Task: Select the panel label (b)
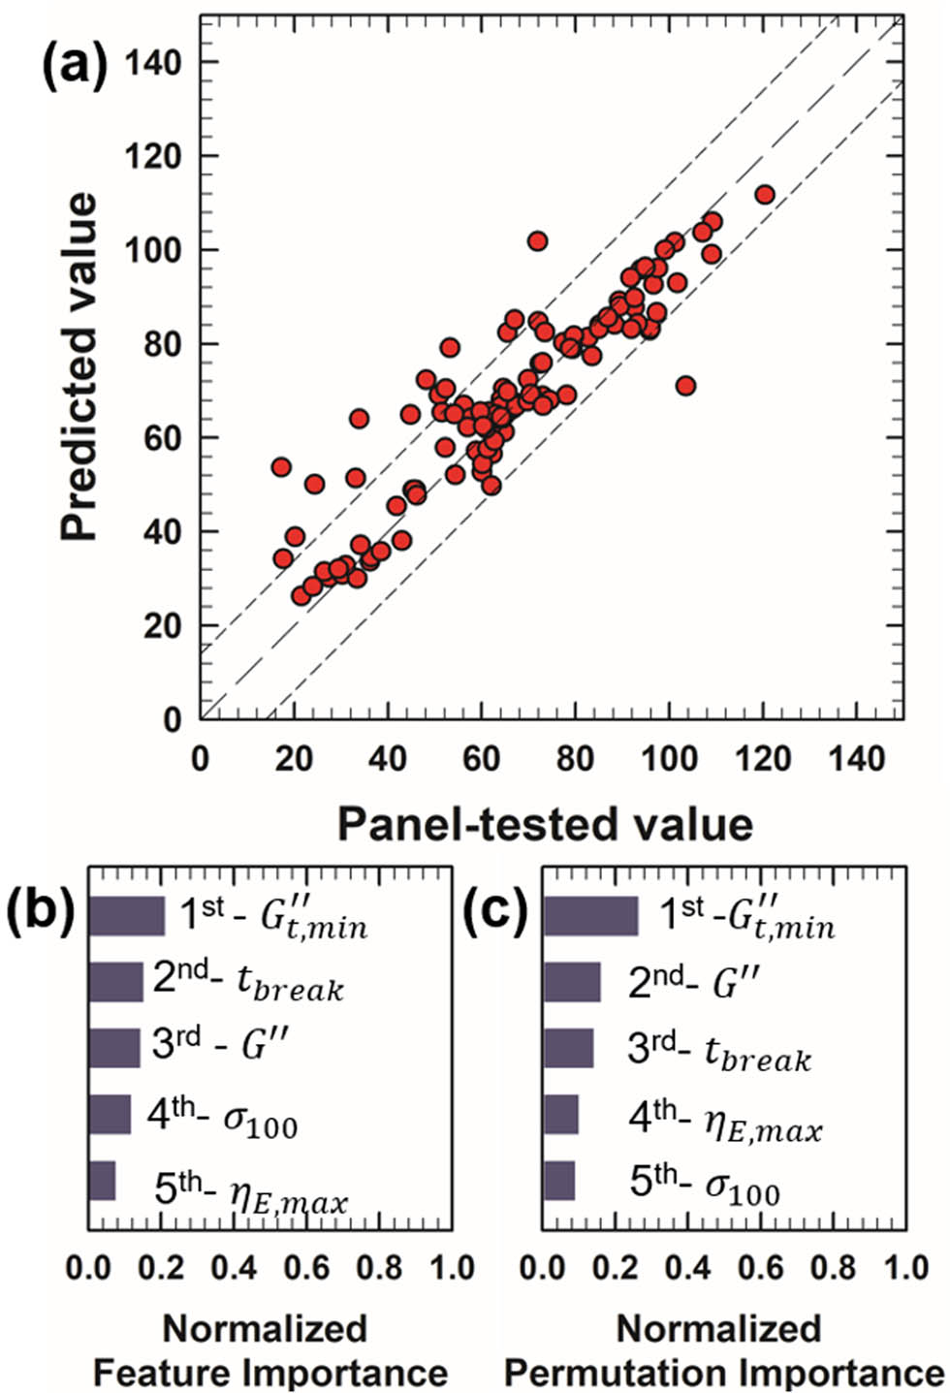tap(40, 912)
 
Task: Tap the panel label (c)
tap(494, 912)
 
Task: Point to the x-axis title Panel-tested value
tap(545, 824)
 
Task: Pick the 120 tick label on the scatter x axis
tap(763, 758)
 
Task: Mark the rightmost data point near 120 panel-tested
tap(764, 194)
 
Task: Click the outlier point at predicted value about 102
tap(537, 240)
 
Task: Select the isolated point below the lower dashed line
tap(685, 386)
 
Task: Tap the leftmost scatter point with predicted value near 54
tap(281, 467)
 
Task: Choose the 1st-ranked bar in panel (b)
tap(126, 916)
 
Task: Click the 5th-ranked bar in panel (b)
tap(102, 1181)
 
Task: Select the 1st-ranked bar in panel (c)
tap(590, 916)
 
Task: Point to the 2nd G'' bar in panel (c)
tap(572, 983)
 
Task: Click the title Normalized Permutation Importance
tap(723, 1350)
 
